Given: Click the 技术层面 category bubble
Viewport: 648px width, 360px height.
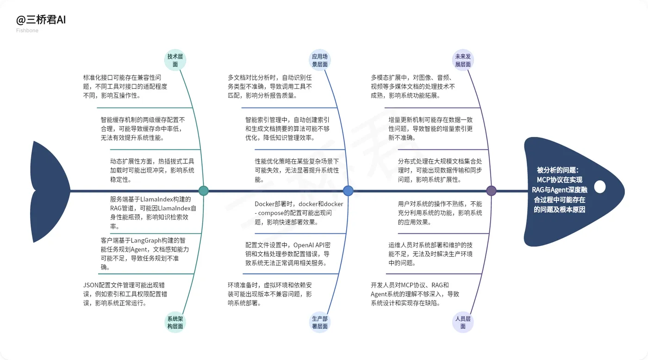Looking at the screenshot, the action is click(175, 61).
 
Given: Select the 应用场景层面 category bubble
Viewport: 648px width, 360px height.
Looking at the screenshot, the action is click(320, 61).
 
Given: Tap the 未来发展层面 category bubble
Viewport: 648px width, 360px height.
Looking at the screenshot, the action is click(463, 61).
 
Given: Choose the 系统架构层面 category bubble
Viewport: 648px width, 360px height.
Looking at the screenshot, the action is click(175, 323).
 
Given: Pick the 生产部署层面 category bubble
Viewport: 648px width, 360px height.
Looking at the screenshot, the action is click(320, 323).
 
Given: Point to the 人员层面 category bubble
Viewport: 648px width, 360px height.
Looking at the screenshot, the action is click(463, 323).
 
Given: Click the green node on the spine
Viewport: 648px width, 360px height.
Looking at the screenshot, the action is click(203, 191).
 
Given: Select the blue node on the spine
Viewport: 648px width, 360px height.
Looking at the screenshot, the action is click(348, 191).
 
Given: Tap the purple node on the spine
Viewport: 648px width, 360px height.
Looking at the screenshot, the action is click(492, 191).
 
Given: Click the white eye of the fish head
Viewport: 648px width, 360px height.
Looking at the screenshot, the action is click(600, 187).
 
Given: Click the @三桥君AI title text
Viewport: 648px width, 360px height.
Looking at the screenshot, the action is click(41, 20).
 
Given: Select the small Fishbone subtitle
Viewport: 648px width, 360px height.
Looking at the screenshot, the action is click(27, 31).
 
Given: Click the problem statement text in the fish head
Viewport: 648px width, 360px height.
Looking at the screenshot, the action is click(560, 190).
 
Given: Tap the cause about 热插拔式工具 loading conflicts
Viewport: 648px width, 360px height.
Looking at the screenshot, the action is click(152, 170).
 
